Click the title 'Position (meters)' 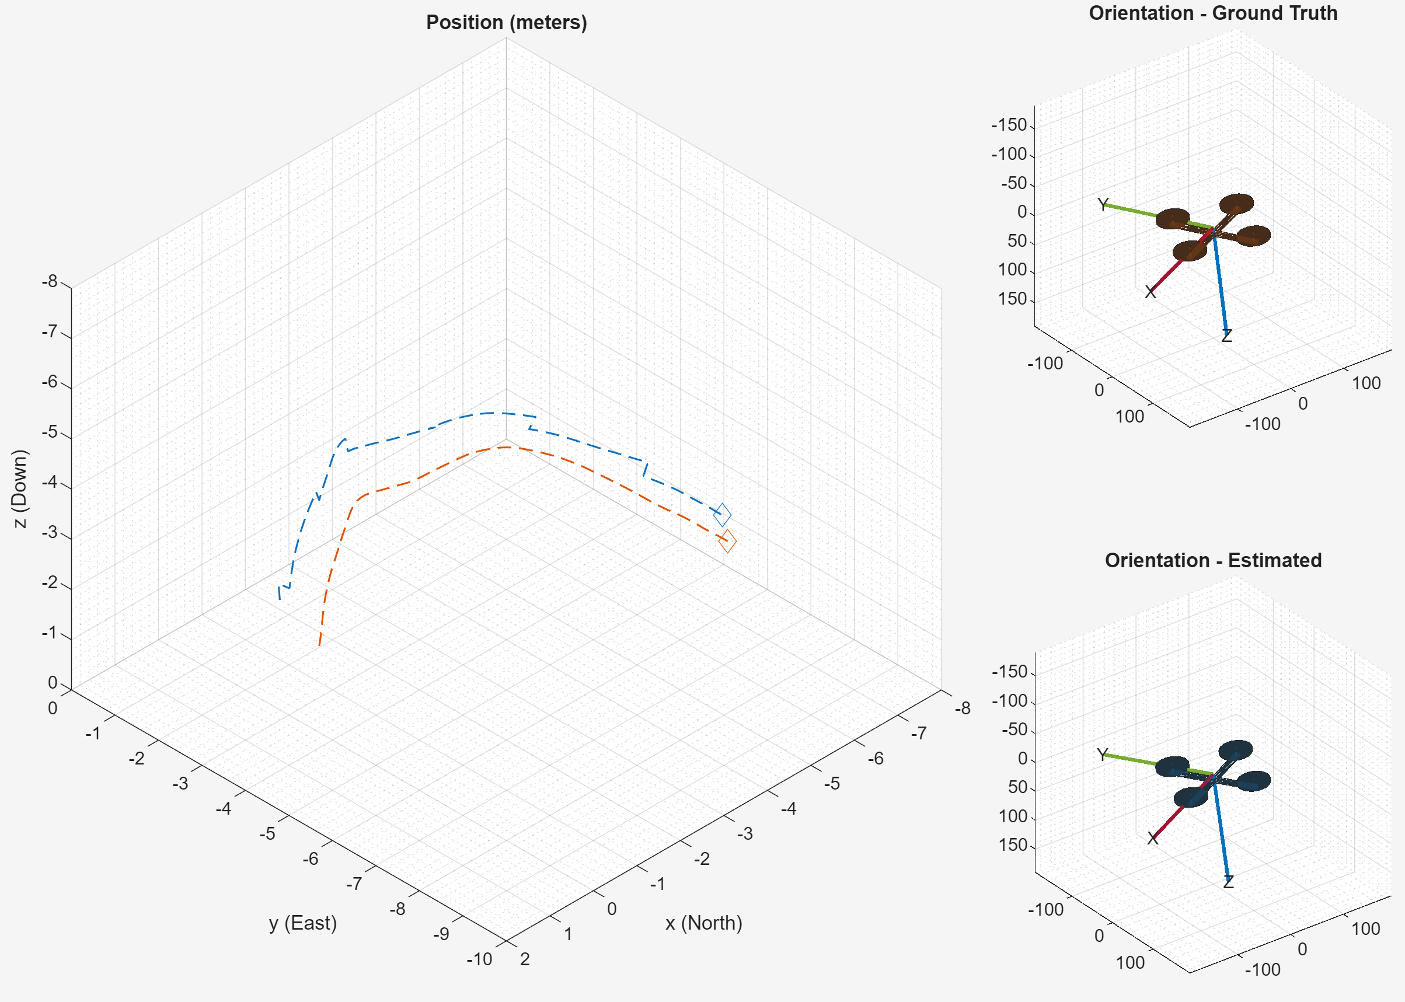[x=506, y=23]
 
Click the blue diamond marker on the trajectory [x=722, y=515]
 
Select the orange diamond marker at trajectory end [x=727, y=541]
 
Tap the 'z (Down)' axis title [x=20, y=488]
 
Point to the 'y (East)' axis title [x=303, y=923]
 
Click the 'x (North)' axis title [x=703, y=923]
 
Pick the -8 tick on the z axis [x=50, y=282]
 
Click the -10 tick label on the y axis [x=479, y=959]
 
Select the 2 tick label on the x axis [x=525, y=959]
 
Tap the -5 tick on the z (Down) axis [x=50, y=432]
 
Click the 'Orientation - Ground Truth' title [x=1212, y=13]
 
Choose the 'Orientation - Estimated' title [x=1212, y=560]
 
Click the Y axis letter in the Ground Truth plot [x=1103, y=205]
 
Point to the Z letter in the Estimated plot [x=1228, y=882]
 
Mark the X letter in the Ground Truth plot [x=1150, y=292]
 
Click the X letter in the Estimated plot [x=1152, y=838]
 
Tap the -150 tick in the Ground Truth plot [x=1009, y=125]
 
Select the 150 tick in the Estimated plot [x=1013, y=844]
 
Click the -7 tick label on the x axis [x=919, y=733]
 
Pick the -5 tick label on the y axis [x=267, y=834]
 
